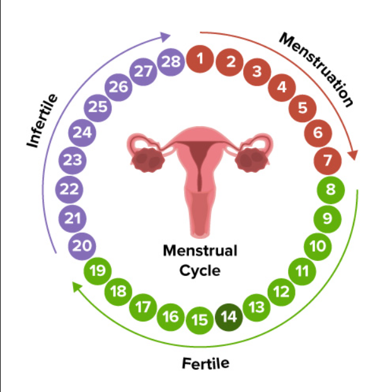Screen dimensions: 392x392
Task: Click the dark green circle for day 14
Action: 229,317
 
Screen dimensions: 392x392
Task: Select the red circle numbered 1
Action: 200,59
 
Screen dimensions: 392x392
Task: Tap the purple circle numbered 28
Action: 171,62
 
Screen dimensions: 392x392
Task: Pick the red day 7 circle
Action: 328,161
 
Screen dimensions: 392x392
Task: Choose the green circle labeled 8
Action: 330,190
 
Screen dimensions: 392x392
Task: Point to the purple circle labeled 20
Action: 82,246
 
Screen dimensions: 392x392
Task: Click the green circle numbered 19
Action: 98,271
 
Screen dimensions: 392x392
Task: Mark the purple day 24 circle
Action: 83,132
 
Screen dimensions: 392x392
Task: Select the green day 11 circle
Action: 302,271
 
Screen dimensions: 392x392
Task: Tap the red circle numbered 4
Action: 282,87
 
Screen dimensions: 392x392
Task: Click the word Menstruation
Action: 316,70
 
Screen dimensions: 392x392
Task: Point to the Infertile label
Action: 42,121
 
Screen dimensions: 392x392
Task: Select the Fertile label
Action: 205,363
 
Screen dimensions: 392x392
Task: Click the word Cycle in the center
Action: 200,271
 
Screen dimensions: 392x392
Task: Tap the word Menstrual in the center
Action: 200,250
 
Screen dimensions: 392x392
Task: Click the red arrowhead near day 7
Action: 354,154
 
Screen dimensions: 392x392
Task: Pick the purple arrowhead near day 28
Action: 165,37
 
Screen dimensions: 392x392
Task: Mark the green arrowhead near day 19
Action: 77,287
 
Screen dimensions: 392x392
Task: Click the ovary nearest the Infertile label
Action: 147,160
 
